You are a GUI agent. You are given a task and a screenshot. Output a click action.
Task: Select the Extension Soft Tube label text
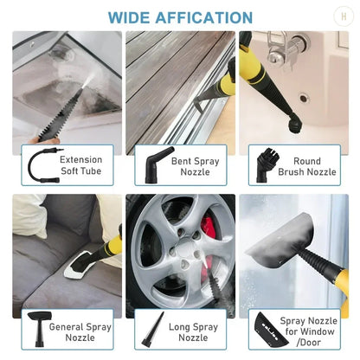pos(80,165)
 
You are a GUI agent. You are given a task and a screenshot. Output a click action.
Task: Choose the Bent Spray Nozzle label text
pos(193,165)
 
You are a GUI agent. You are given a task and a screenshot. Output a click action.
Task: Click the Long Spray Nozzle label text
pos(193,333)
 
